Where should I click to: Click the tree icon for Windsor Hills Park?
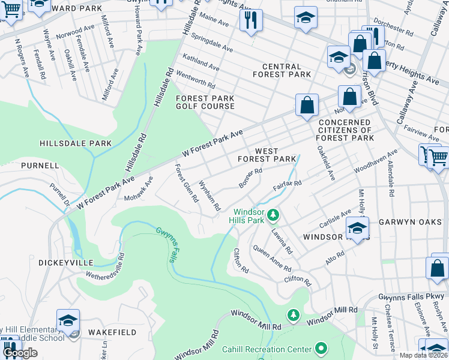[x=273, y=214]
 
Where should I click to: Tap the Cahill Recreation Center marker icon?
[x=321, y=349]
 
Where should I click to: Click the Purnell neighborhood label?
[x=40, y=165]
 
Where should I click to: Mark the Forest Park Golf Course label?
[x=205, y=102]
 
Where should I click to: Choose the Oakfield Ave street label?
[x=326, y=163]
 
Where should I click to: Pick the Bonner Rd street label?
[x=250, y=178]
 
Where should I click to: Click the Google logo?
[x=20, y=353]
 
